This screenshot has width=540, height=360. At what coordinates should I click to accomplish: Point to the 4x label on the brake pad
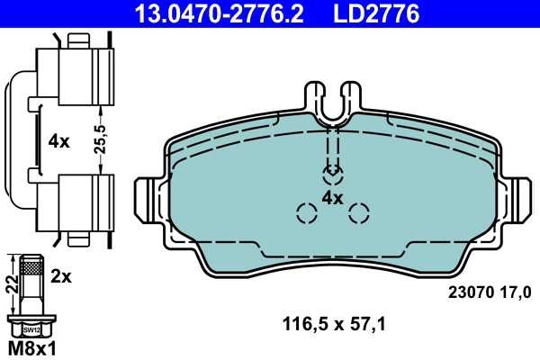(x=333, y=197)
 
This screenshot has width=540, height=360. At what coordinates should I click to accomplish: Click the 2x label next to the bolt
(x=61, y=277)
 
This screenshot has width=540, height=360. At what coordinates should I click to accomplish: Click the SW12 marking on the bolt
(x=31, y=329)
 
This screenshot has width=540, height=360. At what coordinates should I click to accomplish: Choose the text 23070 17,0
(x=490, y=291)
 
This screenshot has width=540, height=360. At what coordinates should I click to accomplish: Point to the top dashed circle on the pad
(x=333, y=171)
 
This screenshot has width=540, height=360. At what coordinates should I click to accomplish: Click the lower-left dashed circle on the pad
(x=307, y=213)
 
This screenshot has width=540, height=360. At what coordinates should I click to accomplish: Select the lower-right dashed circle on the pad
(x=359, y=213)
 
